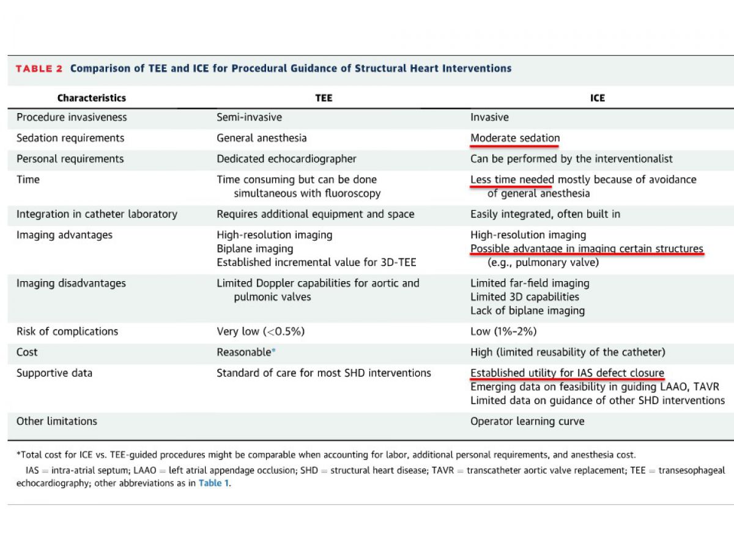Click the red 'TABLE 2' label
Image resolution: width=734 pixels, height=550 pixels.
point(39,68)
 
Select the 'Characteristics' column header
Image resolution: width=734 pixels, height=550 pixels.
point(92,98)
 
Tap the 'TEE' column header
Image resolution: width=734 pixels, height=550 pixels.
point(324,98)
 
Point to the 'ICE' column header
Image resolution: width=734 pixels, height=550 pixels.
point(598,98)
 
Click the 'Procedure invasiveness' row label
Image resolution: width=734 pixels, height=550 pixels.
point(72,117)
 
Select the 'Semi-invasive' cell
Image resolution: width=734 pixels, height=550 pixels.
point(249,117)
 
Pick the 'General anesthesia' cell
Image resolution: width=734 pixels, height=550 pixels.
point(261,138)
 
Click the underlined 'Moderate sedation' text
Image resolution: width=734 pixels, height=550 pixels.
point(514,138)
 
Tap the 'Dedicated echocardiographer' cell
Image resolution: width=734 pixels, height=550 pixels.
point(286,159)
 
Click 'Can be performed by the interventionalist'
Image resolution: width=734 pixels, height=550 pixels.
point(571,159)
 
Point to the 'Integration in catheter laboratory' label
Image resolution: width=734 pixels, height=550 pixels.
point(97,214)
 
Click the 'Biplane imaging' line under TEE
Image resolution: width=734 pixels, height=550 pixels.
point(254,249)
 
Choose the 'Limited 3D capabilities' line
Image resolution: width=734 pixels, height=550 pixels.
point(524,297)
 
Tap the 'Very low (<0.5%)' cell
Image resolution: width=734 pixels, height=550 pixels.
point(261,331)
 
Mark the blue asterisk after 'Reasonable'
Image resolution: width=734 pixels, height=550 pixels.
point(273,351)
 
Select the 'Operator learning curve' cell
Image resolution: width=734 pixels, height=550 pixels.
point(527,421)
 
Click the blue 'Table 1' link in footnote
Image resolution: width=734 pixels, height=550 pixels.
point(214,483)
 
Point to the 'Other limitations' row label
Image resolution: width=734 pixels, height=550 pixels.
point(56,421)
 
